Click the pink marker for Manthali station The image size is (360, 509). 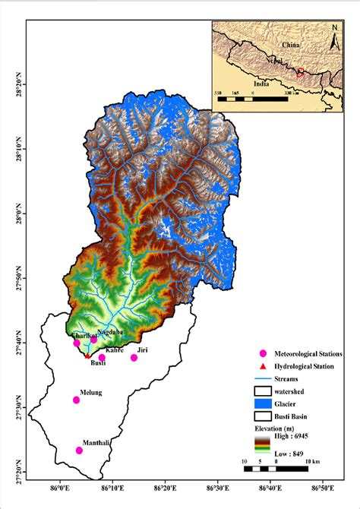(79, 451)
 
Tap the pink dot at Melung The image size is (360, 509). (76, 400)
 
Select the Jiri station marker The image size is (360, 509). (134, 358)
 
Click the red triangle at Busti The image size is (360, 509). (87, 356)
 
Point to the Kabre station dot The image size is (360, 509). (102, 358)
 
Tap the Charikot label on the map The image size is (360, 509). (84, 335)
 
